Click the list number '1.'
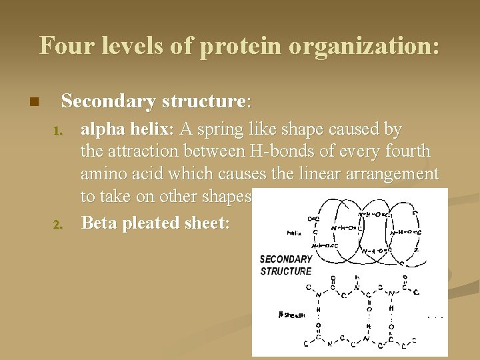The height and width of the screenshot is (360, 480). coord(58,129)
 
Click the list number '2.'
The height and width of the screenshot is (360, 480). coord(58,224)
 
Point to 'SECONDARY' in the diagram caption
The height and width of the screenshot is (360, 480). coord(285,259)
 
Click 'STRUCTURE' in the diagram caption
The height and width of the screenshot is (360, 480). coord(285,271)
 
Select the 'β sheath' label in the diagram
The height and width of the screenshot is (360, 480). coord(291,315)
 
